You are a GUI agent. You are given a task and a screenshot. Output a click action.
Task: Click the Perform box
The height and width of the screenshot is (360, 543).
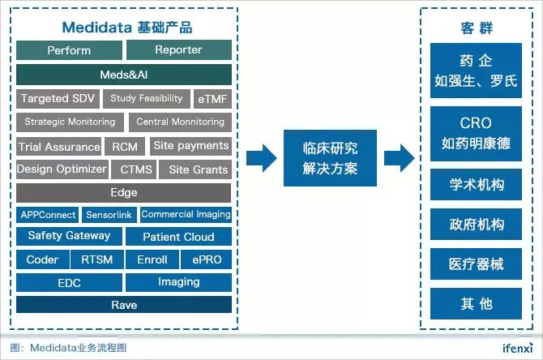[x=69, y=50]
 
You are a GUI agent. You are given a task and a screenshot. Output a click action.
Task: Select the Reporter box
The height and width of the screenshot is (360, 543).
[x=178, y=50]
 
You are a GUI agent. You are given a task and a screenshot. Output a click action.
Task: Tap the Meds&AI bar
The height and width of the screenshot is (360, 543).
[x=124, y=75]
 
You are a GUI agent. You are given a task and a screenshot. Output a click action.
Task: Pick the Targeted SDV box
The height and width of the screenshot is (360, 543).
[x=58, y=99]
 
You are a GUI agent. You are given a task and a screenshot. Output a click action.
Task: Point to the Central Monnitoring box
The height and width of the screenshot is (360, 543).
[x=180, y=122]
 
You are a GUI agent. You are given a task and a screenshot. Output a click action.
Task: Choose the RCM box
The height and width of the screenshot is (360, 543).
[x=125, y=147]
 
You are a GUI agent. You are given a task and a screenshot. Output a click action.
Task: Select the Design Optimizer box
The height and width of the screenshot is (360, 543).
[x=62, y=169]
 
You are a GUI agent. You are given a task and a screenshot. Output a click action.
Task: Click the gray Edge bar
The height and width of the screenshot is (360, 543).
[x=124, y=193]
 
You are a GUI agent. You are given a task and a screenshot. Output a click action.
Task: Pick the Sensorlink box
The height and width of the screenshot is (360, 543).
[x=109, y=215]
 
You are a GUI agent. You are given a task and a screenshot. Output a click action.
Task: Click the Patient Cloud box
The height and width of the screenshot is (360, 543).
[x=178, y=237]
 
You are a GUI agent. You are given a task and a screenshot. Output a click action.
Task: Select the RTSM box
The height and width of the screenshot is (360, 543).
[x=97, y=259]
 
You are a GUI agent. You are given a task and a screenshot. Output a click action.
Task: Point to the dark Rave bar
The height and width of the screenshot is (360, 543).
[x=124, y=305]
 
